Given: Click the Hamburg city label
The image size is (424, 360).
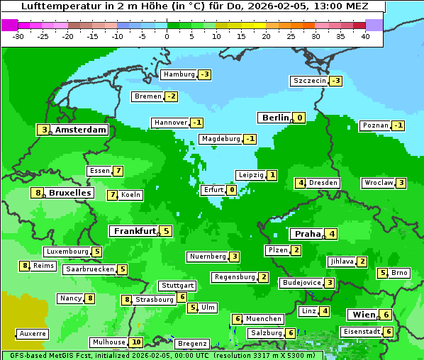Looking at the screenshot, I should click(179, 74).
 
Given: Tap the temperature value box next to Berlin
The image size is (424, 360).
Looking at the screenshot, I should click(300, 118).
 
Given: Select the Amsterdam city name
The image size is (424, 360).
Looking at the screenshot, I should click(81, 130).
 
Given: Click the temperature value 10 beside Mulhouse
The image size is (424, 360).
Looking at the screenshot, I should click(136, 342).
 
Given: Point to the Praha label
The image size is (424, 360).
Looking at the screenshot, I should click(308, 234).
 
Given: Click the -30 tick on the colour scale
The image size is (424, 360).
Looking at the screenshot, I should click(18, 35).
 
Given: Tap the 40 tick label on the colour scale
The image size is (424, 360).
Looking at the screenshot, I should click(365, 35).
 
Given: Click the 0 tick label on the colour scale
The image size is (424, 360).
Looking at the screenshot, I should click(167, 35).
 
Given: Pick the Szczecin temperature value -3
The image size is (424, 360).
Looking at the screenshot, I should click(335, 81).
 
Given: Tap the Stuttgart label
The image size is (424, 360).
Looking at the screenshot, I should click(177, 286).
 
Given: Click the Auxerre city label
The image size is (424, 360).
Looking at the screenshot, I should click(33, 333).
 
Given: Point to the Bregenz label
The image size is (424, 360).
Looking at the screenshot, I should click(191, 344).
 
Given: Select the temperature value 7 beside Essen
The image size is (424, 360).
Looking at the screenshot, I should click(118, 171).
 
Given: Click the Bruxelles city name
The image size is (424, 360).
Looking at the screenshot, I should click(69, 193).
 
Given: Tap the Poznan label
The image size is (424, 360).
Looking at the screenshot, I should click(375, 125).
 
